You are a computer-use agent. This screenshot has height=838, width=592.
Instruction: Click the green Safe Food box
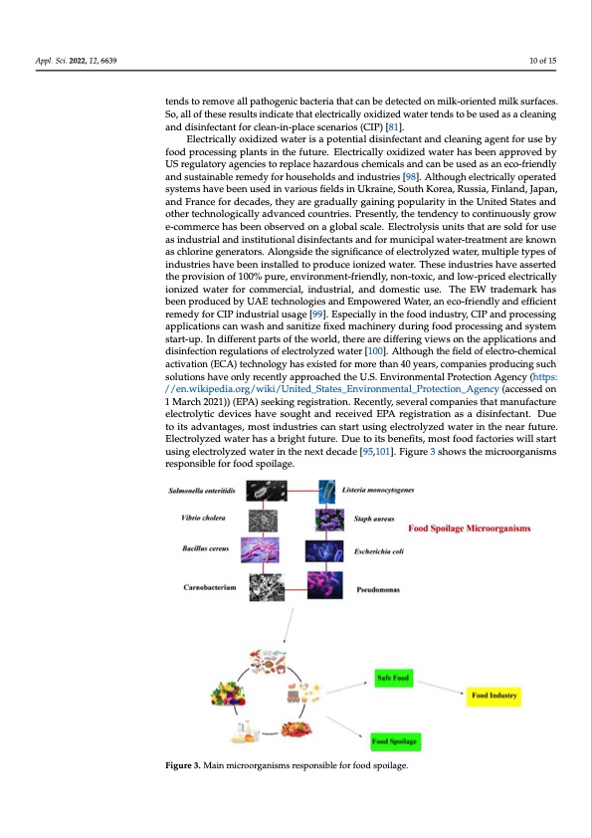(391, 678)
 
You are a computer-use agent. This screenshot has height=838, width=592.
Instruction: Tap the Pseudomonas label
(378, 589)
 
